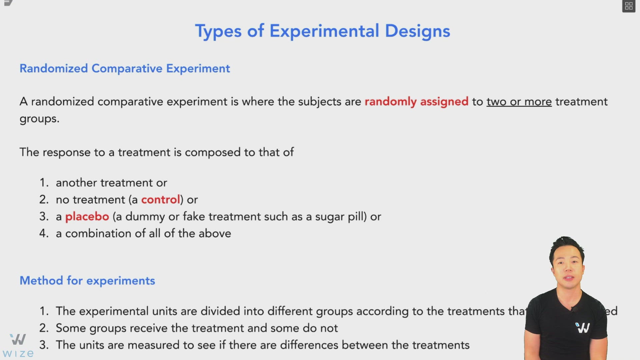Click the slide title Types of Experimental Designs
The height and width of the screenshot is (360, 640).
(x=322, y=31)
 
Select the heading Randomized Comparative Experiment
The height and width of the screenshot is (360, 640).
(x=125, y=68)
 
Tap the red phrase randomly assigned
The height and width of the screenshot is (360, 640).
(x=416, y=101)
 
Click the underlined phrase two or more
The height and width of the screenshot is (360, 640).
(x=519, y=101)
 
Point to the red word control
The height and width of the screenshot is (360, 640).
(x=160, y=200)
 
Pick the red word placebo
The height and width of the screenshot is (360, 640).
(x=87, y=217)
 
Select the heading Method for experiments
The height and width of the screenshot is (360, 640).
(x=87, y=281)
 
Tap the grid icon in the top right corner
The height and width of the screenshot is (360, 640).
(x=629, y=6)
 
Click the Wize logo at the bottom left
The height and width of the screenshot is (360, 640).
(x=18, y=345)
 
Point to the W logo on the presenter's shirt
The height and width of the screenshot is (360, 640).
(x=583, y=328)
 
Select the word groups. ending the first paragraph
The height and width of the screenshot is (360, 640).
(x=39, y=119)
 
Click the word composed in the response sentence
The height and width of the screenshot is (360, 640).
(x=213, y=152)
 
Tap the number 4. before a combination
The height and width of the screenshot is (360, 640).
(x=44, y=233)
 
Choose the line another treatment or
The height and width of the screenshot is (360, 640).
(x=111, y=183)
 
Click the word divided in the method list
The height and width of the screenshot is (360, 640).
(x=220, y=311)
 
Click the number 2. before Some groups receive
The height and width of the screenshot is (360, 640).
(x=44, y=328)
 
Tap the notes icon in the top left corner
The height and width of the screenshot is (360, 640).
(x=8, y=3)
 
